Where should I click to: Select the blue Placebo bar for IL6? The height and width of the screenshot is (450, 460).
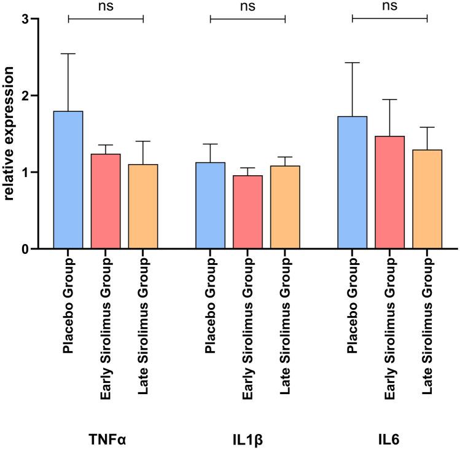(x=353, y=182)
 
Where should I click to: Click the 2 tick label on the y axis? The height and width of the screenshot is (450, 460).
(x=25, y=96)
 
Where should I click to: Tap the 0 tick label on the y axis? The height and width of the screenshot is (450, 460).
(x=25, y=249)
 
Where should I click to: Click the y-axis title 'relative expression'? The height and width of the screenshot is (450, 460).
(x=10, y=133)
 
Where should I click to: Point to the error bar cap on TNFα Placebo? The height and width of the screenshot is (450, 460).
(x=68, y=54)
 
